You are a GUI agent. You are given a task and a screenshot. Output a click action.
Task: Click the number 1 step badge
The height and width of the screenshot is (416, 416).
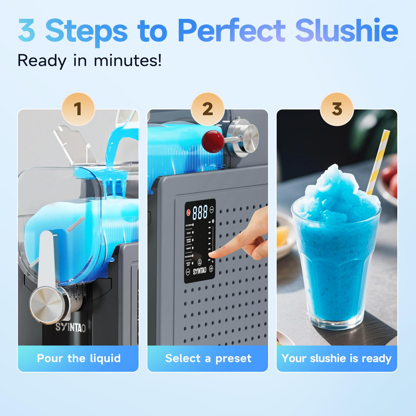[x=78, y=109]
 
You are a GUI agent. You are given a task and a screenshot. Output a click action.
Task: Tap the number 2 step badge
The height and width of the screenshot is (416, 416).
[x=207, y=109]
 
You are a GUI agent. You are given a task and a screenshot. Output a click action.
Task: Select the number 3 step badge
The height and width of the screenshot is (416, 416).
[x=337, y=109]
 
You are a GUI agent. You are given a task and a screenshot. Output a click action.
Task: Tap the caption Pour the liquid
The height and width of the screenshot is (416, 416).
[x=79, y=358]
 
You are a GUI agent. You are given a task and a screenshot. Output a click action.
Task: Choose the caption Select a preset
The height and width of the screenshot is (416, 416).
[x=208, y=358]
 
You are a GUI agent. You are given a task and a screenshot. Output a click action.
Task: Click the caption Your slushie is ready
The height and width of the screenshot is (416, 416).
[x=336, y=358]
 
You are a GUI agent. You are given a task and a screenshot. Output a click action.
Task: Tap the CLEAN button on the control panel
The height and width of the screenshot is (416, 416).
[x=188, y=272]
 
